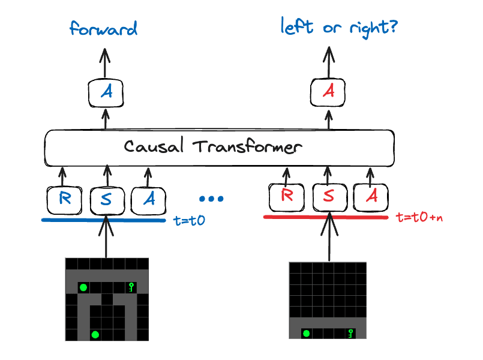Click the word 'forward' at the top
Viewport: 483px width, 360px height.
coord(104,29)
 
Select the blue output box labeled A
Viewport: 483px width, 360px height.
coord(106,92)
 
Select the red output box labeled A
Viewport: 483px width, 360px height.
coord(329,92)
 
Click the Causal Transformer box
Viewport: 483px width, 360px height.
coord(220,147)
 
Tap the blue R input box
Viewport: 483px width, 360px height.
coord(64,199)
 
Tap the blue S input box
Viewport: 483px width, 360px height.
coord(106,199)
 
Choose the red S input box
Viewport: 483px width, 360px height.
coord(329,196)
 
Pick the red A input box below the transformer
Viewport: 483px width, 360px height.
coord(371,196)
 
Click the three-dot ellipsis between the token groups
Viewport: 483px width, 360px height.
coord(211,199)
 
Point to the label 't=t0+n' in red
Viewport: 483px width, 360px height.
coord(420,217)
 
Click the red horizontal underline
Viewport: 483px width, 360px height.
coord(327,217)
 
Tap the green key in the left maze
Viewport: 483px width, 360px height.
coord(131,287)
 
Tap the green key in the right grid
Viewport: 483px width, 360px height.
coord(350,333)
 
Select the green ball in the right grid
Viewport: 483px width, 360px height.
coord(307,333)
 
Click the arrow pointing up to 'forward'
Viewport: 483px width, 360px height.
coord(106,63)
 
